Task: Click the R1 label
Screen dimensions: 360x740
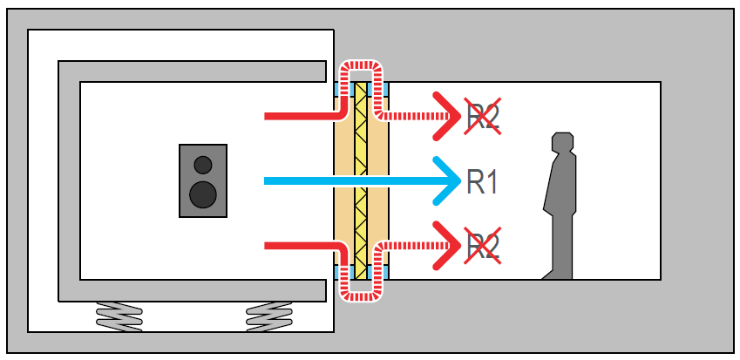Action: pos(483,181)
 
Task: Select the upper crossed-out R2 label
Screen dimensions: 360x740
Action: pos(483,116)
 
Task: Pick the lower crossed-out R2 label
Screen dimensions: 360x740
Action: pos(483,247)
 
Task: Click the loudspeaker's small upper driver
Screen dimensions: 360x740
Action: pos(203,164)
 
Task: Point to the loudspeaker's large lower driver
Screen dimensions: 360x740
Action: pos(203,194)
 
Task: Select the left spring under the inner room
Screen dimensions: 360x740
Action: pos(119,315)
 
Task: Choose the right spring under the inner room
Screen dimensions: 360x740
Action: pos(269,315)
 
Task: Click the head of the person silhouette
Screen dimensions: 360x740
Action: pos(563,144)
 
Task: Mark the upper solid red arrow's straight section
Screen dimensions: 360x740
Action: pos(296,115)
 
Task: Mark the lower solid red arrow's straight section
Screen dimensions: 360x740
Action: pos(296,247)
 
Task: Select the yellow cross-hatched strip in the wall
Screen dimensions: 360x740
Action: pos(360,181)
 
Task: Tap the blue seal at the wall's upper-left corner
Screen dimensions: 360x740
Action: pos(338,89)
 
